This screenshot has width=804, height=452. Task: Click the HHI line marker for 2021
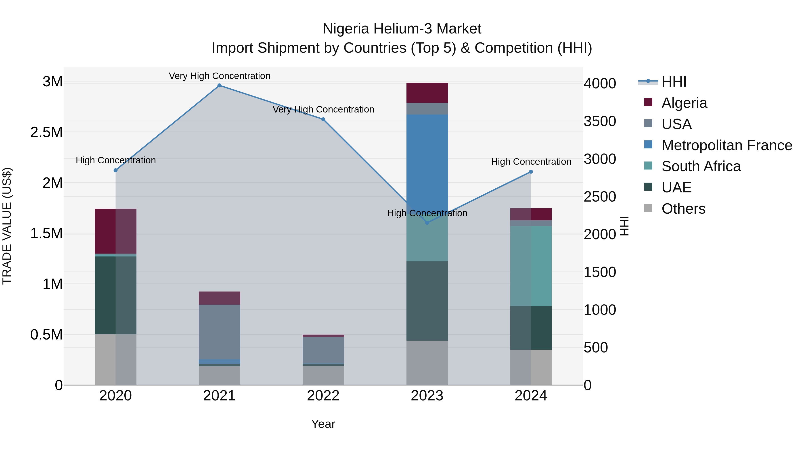click(219, 85)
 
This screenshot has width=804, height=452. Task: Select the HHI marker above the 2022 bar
click(323, 119)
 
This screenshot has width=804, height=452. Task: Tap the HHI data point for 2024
click(531, 172)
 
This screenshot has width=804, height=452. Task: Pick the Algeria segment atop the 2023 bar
click(427, 93)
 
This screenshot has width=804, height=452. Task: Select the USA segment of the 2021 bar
click(219, 332)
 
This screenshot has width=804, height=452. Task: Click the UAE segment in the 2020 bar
click(115, 295)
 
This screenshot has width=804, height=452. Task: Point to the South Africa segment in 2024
click(531, 266)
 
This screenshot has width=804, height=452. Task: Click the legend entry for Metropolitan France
click(727, 145)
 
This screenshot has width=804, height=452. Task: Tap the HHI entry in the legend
click(674, 82)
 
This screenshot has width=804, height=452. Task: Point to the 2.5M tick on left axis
click(46, 132)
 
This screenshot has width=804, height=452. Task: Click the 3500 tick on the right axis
click(600, 121)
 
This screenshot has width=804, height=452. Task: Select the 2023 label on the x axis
click(427, 396)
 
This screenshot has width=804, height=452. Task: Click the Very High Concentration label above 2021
click(219, 76)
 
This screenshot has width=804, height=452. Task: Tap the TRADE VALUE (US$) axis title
click(7, 226)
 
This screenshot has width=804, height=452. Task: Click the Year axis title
click(323, 424)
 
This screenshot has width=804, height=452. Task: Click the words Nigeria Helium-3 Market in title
click(402, 29)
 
